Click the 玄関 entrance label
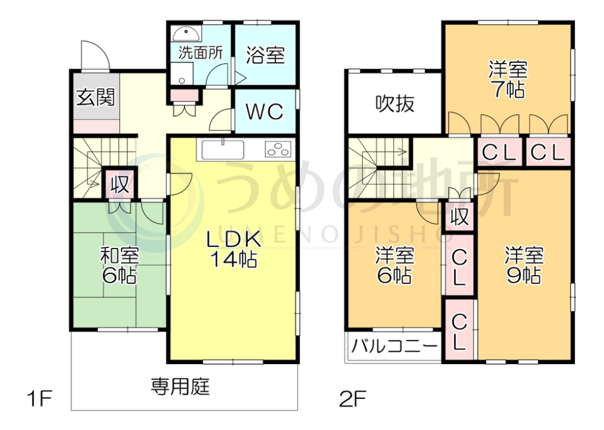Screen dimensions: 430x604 click(95, 97)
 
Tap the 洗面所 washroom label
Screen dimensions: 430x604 click(201, 52)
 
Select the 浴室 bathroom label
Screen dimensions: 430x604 click(265, 55)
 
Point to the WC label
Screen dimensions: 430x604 click(264, 111)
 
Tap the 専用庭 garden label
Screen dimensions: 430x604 click(180, 387)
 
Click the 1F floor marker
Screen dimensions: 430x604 click(40, 400)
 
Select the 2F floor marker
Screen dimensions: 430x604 click(353, 400)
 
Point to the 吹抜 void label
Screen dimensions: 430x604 click(395, 104)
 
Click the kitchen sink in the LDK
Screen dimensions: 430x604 click(224, 150)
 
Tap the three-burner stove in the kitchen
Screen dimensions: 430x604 click(278, 150)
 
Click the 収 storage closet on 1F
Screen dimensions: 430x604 click(120, 184)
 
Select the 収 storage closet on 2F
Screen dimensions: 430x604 click(459, 218)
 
